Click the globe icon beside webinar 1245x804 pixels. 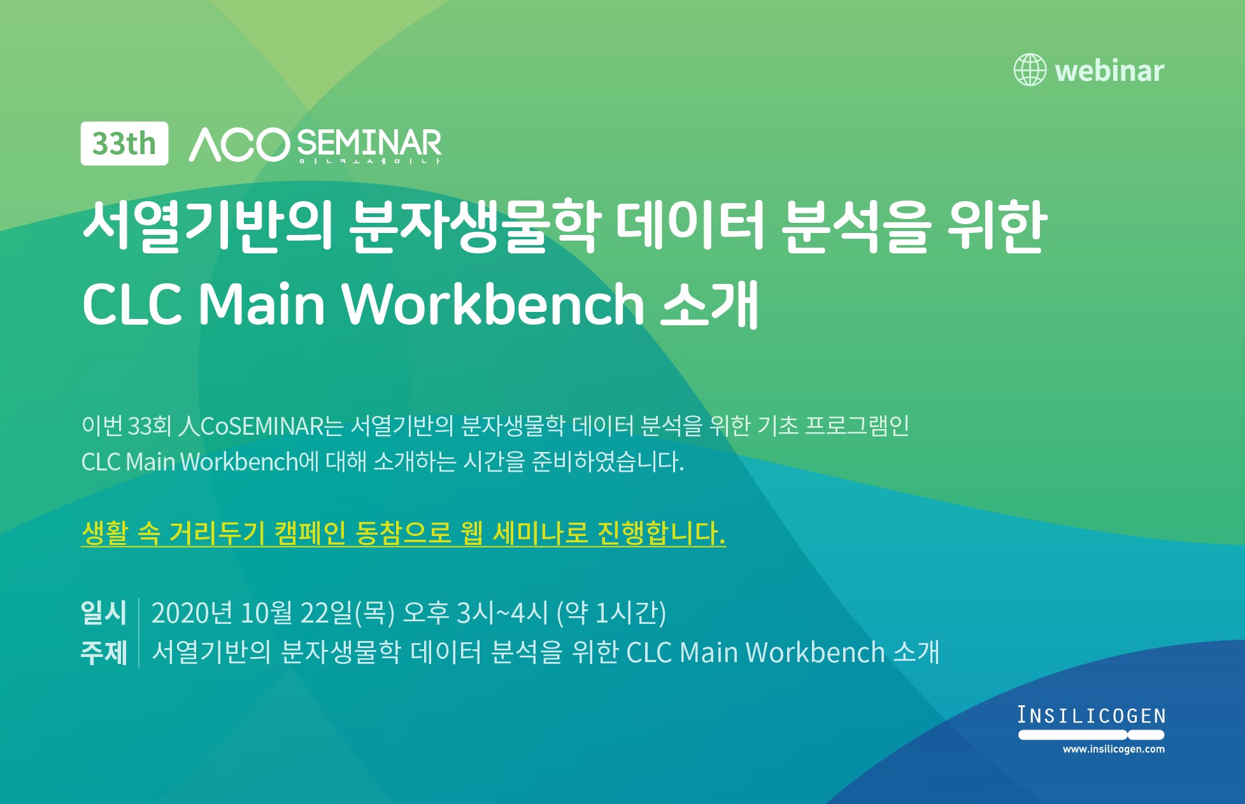tap(1030, 70)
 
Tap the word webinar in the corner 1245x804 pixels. tap(1109, 71)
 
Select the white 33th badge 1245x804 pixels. tap(124, 144)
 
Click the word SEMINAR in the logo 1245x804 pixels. tap(369, 144)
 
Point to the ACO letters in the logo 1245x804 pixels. tap(239, 145)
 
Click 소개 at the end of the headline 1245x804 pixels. tap(709, 304)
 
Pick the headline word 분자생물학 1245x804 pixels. tap(474, 226)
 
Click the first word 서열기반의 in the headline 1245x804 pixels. tap(208, 226)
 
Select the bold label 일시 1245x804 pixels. tap(104, 612)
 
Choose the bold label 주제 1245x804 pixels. tap(104, 652)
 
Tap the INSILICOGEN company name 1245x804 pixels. tap(1092, 716)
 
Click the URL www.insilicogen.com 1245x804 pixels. tap(1114, 749)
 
